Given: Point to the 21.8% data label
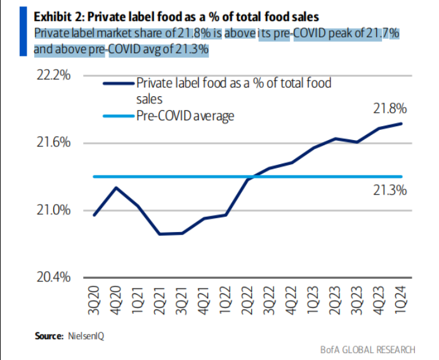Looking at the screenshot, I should (x=389, y=110).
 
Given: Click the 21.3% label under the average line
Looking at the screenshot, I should (x=389, y=190).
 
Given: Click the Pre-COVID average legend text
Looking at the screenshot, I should (x=185, y=116).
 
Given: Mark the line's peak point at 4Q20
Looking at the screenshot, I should (x=115, y=188).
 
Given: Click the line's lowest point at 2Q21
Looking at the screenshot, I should (x=159, y=234).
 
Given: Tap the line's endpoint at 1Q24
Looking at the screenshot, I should (x=401, y=124).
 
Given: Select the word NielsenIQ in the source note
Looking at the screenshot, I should (x=86, y=336).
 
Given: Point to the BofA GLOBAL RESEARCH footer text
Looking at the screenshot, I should (x=368, y=349).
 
